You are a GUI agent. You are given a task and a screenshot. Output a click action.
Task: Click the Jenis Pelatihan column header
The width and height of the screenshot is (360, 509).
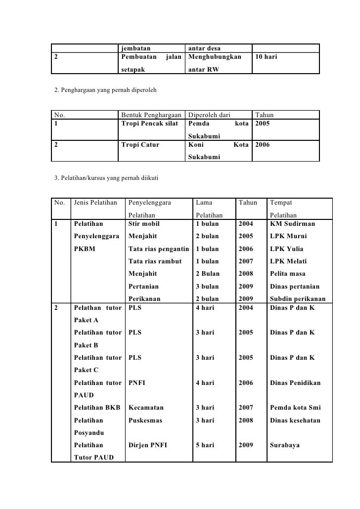pyautogui.click(x=95, y=203)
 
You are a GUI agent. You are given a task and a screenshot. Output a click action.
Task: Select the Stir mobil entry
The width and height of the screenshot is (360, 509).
pyautogui.click(x=144, y=224)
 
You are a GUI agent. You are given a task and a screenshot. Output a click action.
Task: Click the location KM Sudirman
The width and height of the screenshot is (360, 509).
pyautogui.click(x=292, y=224)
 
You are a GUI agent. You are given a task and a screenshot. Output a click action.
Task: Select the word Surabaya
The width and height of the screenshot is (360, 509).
pyautogui.click(x=285, y=445)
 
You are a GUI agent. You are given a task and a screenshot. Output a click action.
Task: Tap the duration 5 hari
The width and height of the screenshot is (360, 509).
pyautogui.click(x=205, y=445)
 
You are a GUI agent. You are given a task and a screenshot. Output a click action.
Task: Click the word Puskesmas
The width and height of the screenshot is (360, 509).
pyautogui.click(x=144, y=421)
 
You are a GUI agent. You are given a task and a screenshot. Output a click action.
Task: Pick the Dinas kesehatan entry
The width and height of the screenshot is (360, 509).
pyautogui.click(x=295, y=421)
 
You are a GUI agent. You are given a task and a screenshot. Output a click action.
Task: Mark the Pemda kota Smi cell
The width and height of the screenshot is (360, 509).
pyautogui.click(x=295, y=408)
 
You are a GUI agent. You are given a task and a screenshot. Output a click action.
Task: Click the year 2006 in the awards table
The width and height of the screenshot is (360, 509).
pyautogui.click(x=264, y=145)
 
